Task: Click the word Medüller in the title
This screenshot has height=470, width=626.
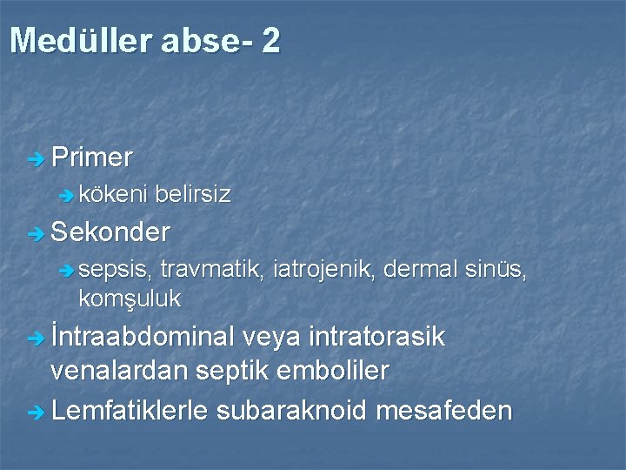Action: [x=80, y=41]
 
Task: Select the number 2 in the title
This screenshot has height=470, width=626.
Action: [x=270, y=41]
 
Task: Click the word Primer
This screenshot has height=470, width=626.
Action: [x=92, y=158]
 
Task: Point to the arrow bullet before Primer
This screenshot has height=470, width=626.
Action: [x=35, y=159]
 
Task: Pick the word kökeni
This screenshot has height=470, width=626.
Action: [x=113, y=194]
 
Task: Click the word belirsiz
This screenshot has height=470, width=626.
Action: [x=193, y=194]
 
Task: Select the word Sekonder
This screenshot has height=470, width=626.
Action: [x=110, y=232]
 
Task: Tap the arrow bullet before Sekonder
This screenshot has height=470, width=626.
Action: [x=35, y=234]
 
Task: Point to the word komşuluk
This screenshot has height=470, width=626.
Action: [x=129, y=299]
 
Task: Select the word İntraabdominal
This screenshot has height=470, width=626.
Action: [x=143, y=337]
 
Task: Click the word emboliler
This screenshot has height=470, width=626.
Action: [x=334, y=371]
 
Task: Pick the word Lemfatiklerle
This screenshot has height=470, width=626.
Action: [x=130, y=409]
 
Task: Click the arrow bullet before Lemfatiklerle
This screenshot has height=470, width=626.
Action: [x=35, y=411]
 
